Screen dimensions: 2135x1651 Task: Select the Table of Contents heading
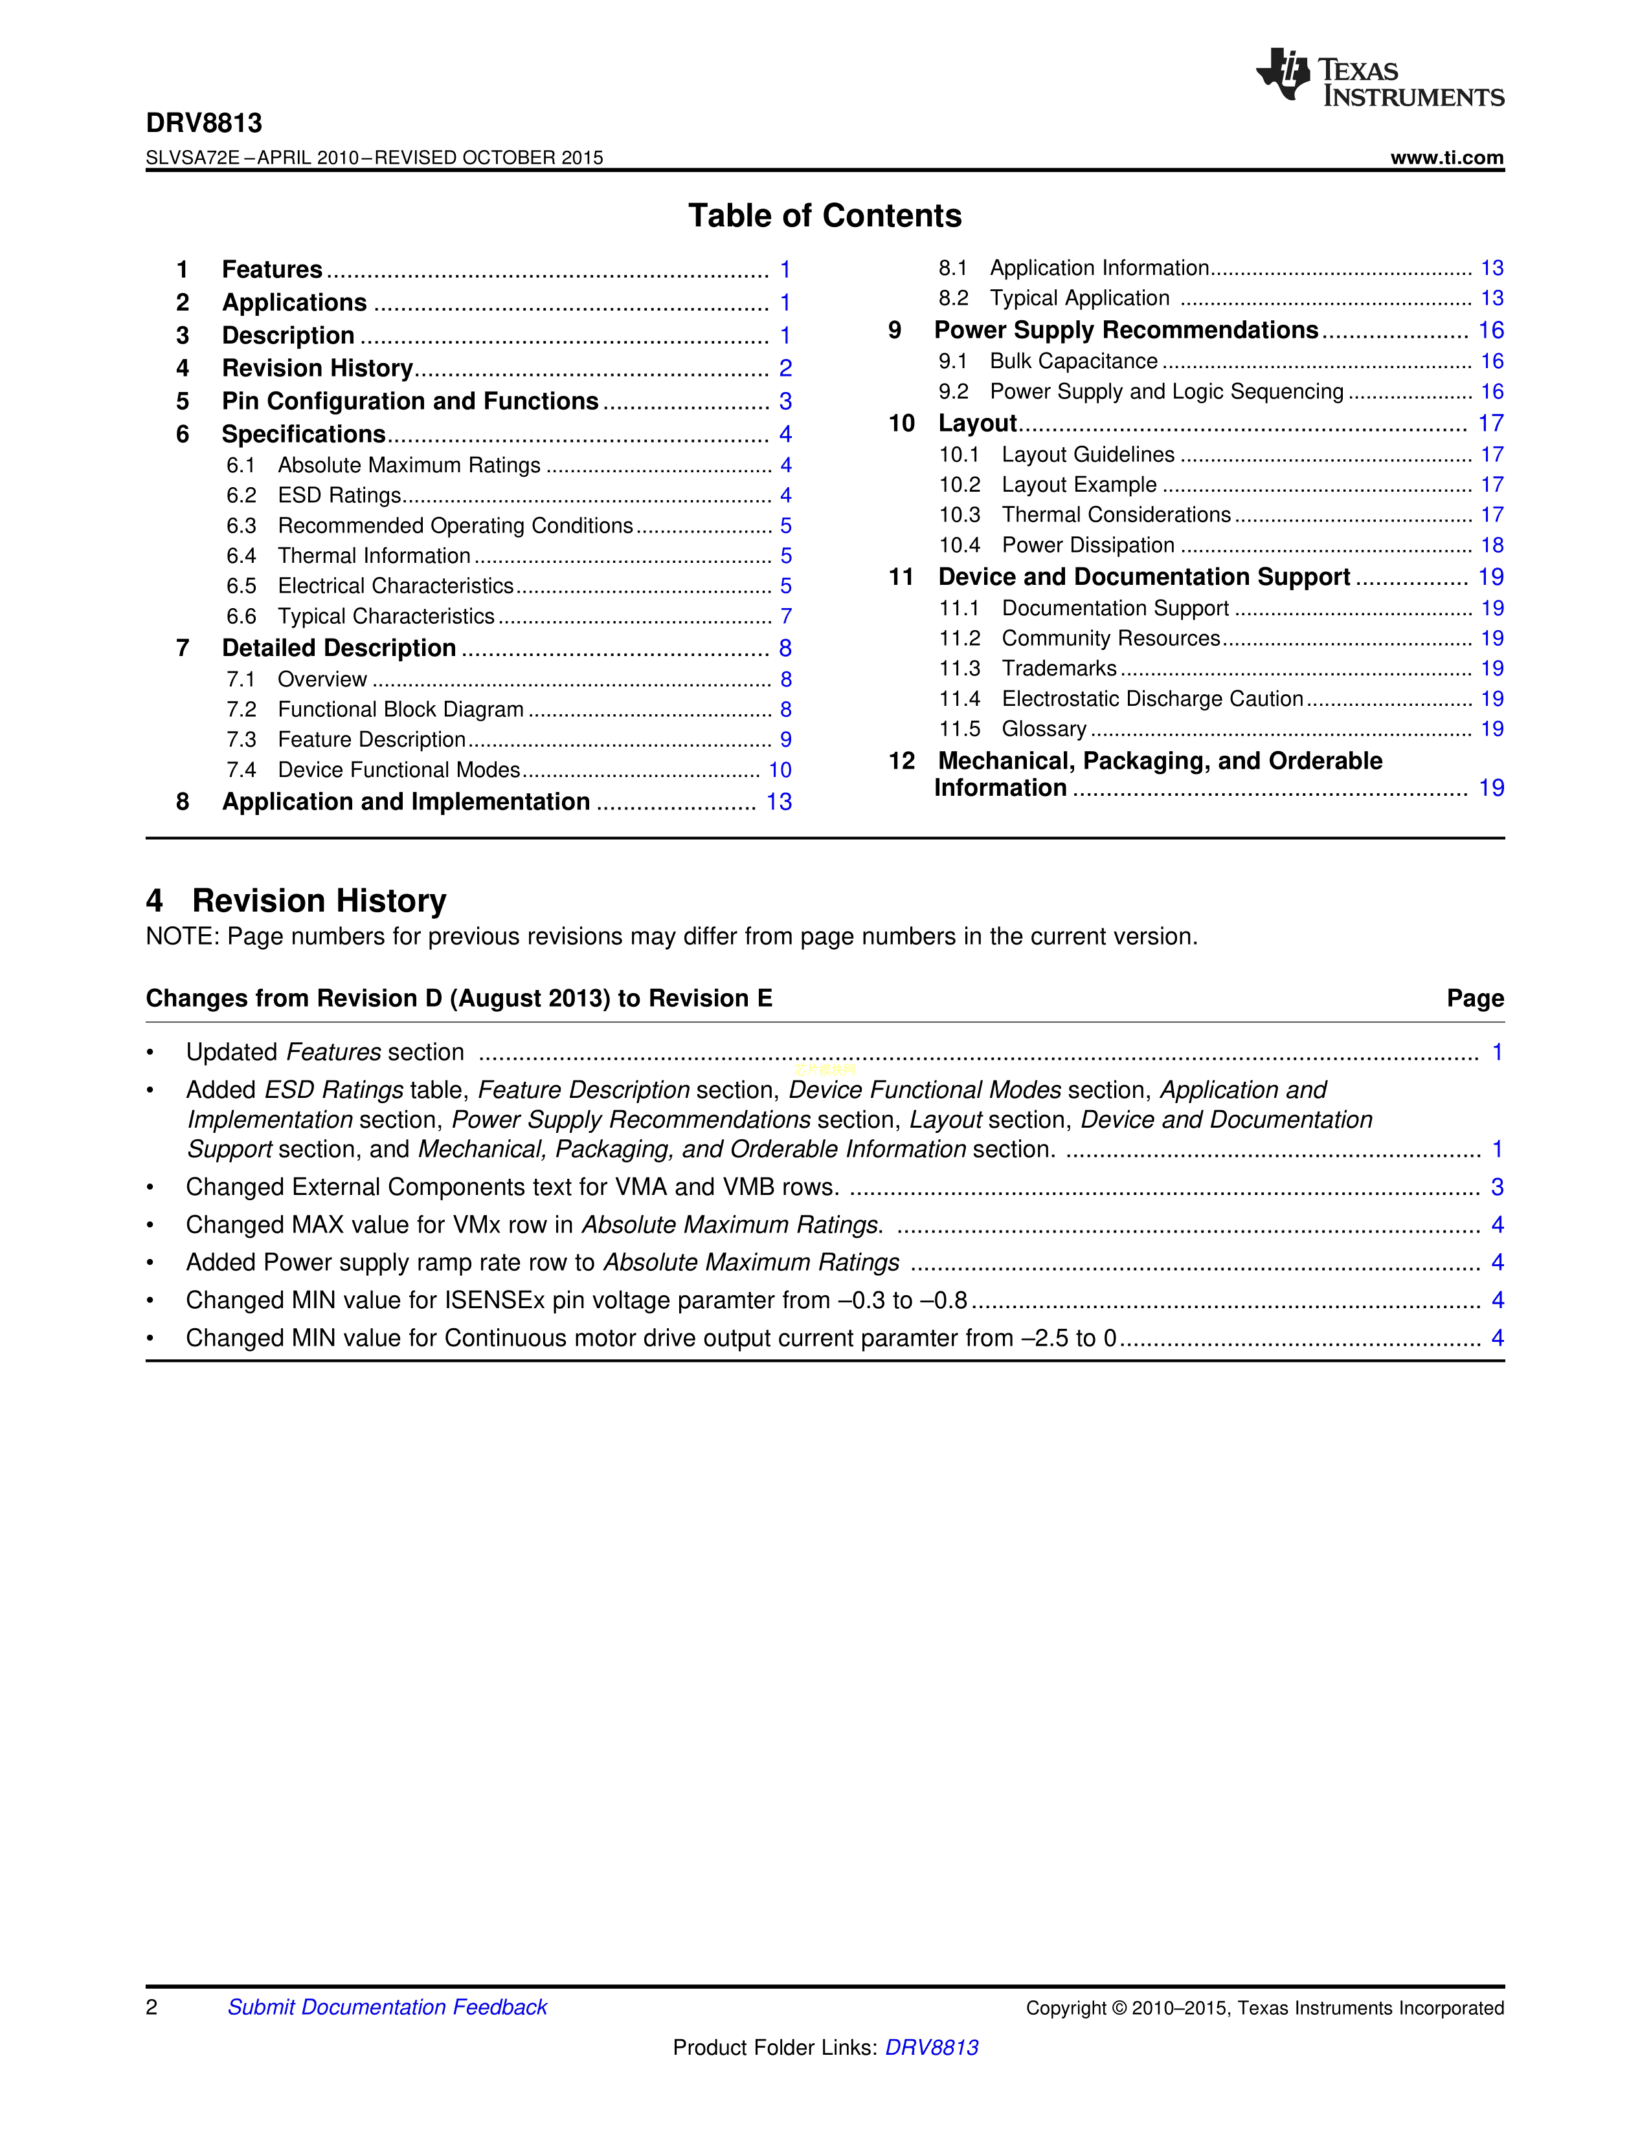click(824, 215)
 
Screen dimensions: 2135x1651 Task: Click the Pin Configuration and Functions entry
click(410, 401)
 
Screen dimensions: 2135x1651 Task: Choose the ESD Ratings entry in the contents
click(339, 496)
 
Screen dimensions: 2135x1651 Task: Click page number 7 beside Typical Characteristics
click(785, 616)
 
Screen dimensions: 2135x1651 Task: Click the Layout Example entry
click(1079, 484)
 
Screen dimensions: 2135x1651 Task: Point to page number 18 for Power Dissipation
click(1492, 545)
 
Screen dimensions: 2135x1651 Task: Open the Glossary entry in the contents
click(1044, 728)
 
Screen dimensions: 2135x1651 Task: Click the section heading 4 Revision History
click(297, 901)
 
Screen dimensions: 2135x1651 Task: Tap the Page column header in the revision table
click(1475, 998)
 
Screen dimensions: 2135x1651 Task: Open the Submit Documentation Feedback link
click(387, 2007)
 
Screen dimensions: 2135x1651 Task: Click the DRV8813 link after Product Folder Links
click(931, 2047)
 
